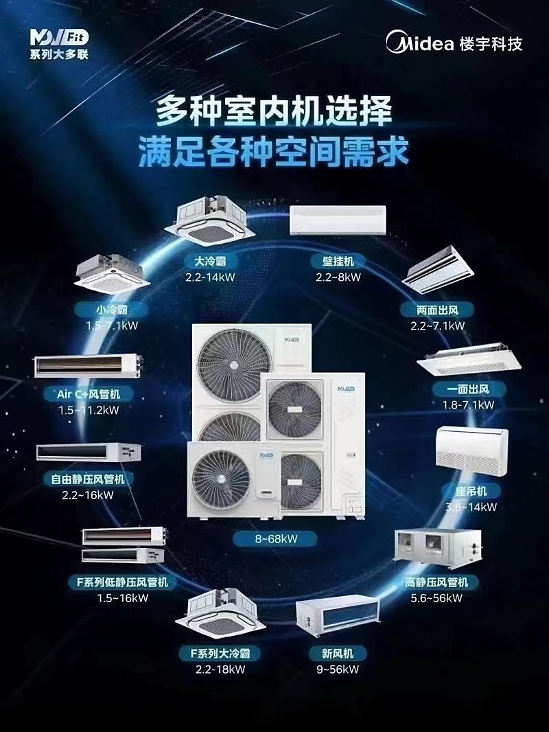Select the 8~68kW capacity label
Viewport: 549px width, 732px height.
[x=276, y=539]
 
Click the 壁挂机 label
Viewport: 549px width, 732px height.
[x=338, y=261]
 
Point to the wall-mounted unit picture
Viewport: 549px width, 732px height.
[x=338, y=220]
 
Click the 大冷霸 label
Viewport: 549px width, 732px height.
[x=210, y=261]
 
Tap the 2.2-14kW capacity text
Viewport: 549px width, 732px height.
[x=210, y=277]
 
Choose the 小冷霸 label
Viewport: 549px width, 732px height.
[x=111, y=310]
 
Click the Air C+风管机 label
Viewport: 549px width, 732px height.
[x=88, y=394]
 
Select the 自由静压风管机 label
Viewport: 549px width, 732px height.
[x=88, y=479]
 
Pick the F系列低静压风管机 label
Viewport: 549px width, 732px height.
[x=122, y=582]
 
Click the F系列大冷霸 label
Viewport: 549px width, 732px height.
[x=220, y=653]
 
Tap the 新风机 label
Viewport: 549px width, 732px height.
[x=337, y=653]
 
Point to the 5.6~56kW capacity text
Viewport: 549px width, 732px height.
[x=436, y=598]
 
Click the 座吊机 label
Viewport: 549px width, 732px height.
[x=471, y=491]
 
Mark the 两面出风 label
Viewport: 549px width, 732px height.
[x=437, y=310]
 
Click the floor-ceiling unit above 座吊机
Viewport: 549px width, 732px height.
[x=472, y=451]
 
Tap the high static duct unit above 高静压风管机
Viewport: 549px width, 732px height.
[x=437, y=549]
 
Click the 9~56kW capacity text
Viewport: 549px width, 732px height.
[x=337, y=669]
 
